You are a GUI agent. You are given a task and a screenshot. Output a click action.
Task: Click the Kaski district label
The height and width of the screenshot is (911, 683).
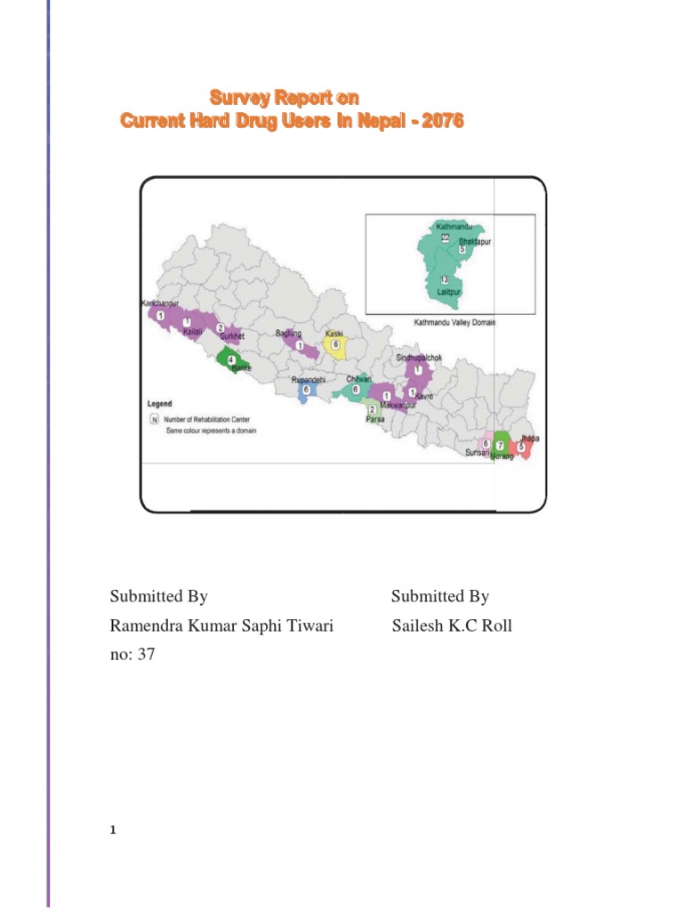(x=335, y=333)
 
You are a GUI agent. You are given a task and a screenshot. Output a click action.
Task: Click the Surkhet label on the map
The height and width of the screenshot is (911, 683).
(x=231, y=337)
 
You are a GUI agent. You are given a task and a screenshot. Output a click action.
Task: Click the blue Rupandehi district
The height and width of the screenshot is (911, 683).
(x=305, y=391)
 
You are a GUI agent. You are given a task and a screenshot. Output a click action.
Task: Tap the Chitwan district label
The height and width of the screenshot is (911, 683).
(x=358, y=379)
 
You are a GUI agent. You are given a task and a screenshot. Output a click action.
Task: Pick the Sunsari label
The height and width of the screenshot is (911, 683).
(x=478, y=453)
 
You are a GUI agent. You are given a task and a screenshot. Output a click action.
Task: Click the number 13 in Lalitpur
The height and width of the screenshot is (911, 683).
(x=444, y=280)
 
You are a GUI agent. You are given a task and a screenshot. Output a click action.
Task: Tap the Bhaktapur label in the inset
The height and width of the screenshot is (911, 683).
(x=474, y=241)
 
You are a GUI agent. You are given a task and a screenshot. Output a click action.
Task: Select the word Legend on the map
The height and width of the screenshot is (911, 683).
(x=159, y=403)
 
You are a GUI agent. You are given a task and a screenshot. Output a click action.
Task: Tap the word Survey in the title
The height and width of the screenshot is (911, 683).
(x=235, y=97)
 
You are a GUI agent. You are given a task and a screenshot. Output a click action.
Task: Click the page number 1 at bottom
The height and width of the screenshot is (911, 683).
(x=113, y=831)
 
